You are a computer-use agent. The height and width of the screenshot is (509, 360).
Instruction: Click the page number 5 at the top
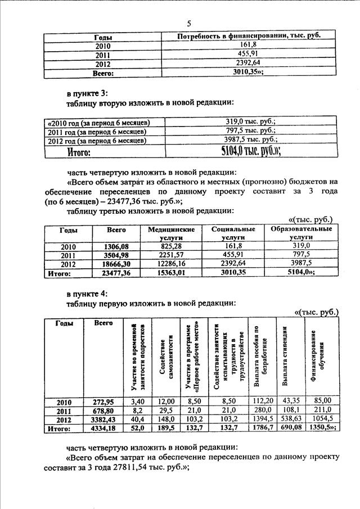[x=189, y=23]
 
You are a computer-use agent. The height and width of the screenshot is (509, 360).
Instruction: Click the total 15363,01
[x=171, y=273]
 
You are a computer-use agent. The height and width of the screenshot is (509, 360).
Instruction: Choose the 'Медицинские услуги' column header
[x=171, y=233]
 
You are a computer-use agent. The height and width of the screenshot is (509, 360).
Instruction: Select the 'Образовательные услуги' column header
[x=301, y=233]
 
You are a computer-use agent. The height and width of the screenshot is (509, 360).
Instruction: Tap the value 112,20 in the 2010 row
[x=263, y=401]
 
